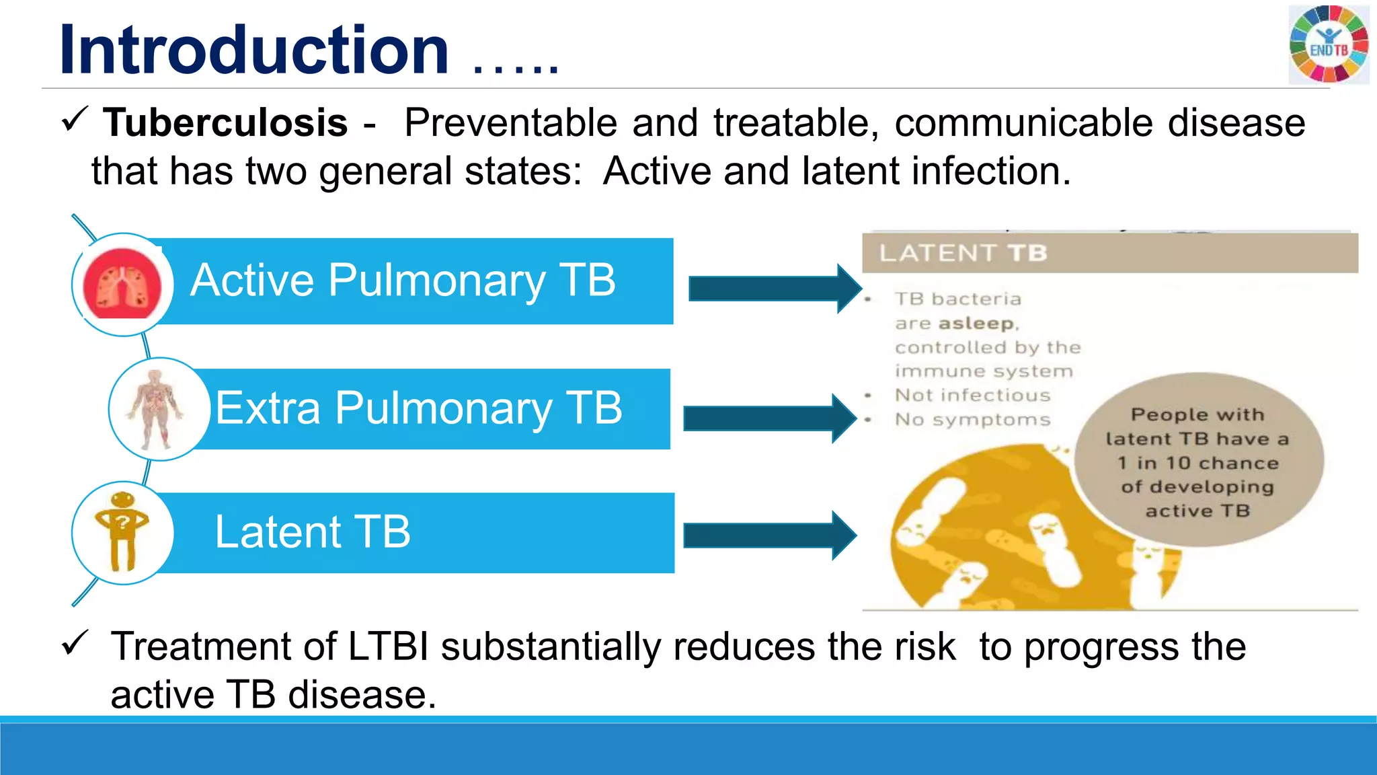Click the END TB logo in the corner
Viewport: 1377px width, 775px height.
pos(1329,44)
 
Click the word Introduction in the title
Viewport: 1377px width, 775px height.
pos(254,50)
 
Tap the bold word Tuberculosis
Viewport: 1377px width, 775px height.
pos(225,123)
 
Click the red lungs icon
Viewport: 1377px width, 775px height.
pos(122,284)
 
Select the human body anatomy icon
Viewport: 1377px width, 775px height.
pos(157,409)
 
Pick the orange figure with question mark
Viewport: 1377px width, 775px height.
pos(122,531)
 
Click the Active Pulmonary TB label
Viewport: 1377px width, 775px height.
pos(403,281)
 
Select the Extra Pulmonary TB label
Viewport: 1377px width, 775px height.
pos(418,408)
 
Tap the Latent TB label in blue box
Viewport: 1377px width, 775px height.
pos(312,532)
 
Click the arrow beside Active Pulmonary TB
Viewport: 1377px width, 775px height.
pos(773,289)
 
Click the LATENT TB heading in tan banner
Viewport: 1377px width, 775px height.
pos(963,253)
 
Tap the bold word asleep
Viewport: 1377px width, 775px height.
pos(976,324)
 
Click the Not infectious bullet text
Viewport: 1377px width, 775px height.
pos(972,395)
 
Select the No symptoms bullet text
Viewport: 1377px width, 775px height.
pos(972,420)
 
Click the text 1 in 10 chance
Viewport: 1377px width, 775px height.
pos(1197,463)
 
